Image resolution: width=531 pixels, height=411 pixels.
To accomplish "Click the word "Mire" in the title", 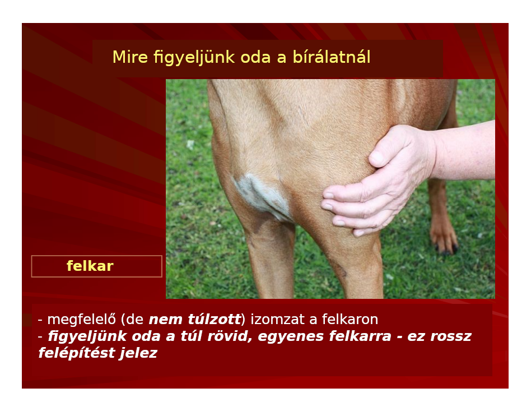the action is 130,57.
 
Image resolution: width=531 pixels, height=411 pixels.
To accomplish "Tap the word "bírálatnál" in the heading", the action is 332,57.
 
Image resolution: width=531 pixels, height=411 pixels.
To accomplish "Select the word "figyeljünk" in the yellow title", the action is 194,58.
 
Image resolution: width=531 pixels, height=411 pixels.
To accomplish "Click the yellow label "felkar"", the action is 90,266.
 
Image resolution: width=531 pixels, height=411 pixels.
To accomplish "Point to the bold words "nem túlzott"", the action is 195,320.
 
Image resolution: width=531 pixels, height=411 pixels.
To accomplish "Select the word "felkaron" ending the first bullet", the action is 350,320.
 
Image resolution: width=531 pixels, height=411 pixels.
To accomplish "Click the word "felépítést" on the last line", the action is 77,353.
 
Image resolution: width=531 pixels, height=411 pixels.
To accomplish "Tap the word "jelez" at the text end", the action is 139,353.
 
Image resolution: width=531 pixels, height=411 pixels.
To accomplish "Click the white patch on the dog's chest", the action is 263,197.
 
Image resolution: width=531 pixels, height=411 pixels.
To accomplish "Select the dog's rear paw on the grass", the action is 444,237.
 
